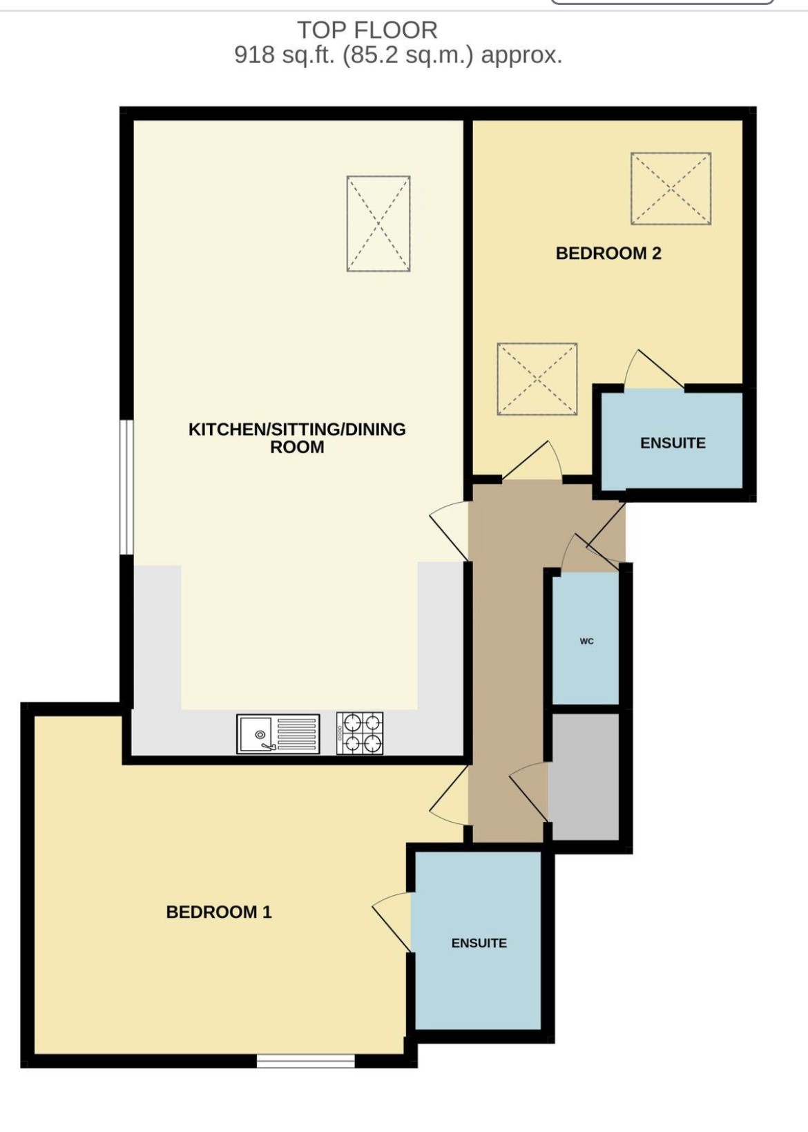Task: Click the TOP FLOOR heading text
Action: [x=367, y=30]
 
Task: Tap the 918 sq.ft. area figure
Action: [x=284, y=55]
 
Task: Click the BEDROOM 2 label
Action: [x=608, y=253]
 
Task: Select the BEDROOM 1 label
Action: [x=219, y=912]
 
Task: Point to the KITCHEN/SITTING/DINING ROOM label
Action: [x=297, y=438]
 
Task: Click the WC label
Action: [x=586, y=641]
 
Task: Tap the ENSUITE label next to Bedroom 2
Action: [x=673, y=443]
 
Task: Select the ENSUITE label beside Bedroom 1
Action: [x=479, y=943]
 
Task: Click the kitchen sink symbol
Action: [x=278, y=733]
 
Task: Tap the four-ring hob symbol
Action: [x=360, y=733]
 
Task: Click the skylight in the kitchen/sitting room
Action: [x=378, y=223]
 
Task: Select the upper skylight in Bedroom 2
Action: [x=671, y=189]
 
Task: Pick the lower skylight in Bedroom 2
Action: [x=537, y=379]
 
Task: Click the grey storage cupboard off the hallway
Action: [x=584, y=777]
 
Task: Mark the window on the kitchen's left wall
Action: [x=126, y=487]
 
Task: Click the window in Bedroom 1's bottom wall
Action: [x=305, y=1060]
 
